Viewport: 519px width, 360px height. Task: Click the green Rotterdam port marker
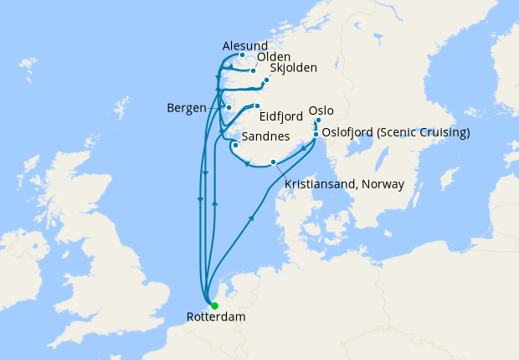coord(214,306)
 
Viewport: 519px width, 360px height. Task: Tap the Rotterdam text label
coord(211,318)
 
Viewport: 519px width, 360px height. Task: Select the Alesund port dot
coord(242,56)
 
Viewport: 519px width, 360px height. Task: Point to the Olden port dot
coord(253,70)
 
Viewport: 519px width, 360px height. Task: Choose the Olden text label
coord(273,57)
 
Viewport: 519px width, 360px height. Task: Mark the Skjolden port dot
coord(266,81)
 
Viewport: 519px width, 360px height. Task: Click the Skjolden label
coord(294,69)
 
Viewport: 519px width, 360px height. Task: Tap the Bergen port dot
coord(229,108)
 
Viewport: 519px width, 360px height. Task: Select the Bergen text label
coord(187,108)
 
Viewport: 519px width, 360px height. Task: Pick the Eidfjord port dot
coord(258,106)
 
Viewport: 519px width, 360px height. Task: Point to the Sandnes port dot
coord(236,145)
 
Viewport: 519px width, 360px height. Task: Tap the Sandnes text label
coord(265,136)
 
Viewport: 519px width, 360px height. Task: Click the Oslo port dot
coord(318,121)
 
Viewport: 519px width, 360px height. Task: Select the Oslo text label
coord(322,110)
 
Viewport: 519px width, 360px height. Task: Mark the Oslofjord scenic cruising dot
coord(316,133)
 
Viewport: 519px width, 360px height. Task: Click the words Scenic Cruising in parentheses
coord(423,133)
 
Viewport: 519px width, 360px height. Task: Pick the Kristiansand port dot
coord(273,162)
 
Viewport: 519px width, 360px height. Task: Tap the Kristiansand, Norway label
coord(344,184)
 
